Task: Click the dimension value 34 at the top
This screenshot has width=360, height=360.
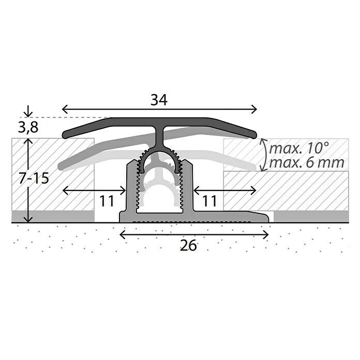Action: pos(159,101)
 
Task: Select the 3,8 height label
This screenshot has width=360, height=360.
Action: pos(27,127)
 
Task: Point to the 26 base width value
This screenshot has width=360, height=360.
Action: pos(189,246)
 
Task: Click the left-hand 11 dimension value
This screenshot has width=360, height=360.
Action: pos(107,201)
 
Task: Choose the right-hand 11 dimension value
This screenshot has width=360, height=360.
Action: pos(209,201)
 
